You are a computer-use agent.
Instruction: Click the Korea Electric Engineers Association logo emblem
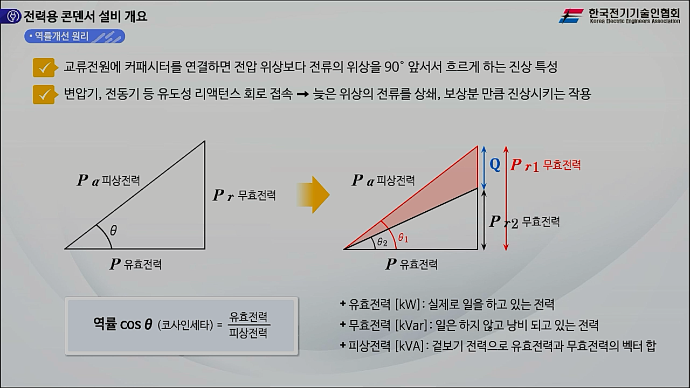571,16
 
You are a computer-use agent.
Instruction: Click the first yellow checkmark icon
46,68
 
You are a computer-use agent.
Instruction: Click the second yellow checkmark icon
46,94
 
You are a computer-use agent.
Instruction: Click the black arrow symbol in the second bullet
302,94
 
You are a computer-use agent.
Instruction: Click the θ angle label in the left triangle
113,231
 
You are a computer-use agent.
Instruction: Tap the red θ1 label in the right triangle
403,238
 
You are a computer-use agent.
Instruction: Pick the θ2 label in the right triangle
382,242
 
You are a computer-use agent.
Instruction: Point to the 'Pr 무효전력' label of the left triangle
244,195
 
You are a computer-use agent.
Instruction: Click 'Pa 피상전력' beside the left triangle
108,181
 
